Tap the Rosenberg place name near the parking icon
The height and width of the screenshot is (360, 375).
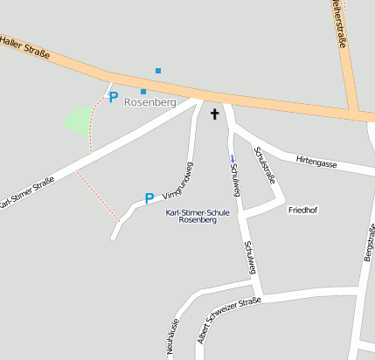(150, 102)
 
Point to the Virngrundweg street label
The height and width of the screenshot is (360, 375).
(177, 183)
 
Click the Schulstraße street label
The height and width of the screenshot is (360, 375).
(264, 166)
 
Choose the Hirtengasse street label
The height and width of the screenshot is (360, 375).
(316, 161)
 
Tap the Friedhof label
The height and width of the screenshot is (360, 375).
(302, 210)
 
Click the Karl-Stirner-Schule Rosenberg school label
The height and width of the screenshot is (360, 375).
(198, 216)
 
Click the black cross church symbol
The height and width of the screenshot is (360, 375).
(214, 114)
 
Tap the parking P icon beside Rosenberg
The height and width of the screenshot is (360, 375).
(113, 98)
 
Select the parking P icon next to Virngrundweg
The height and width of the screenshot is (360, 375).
(149, 198)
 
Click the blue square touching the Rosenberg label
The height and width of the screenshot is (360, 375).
(143, 91)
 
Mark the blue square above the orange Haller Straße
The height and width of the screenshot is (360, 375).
(158, 70)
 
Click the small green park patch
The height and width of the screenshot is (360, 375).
(80, 120)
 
